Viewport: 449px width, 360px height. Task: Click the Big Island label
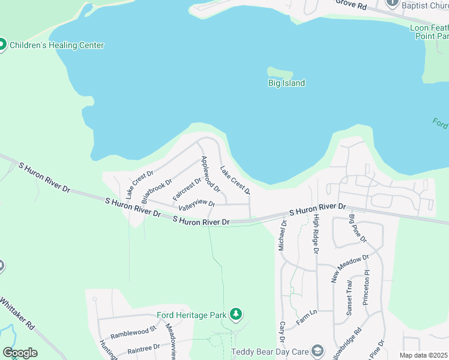(x=286, y=83)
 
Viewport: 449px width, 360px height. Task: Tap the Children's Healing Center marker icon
(x=2, y=45)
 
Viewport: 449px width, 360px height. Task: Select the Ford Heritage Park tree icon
(x=237, y=314)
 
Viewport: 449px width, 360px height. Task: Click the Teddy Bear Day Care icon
(x=318, y=351)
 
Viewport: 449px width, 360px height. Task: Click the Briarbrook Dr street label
(x=157, y=190)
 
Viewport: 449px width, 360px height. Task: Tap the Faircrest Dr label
(x=187, y=189)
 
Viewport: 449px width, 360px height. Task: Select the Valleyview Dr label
(x=196, y=205)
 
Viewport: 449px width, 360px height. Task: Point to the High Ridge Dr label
(x=316, y=234)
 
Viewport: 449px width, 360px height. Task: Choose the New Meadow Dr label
(x=350, y=268)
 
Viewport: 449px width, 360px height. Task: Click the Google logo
(x=20, y=353)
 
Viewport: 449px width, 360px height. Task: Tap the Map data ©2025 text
(x=423, y=356)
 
